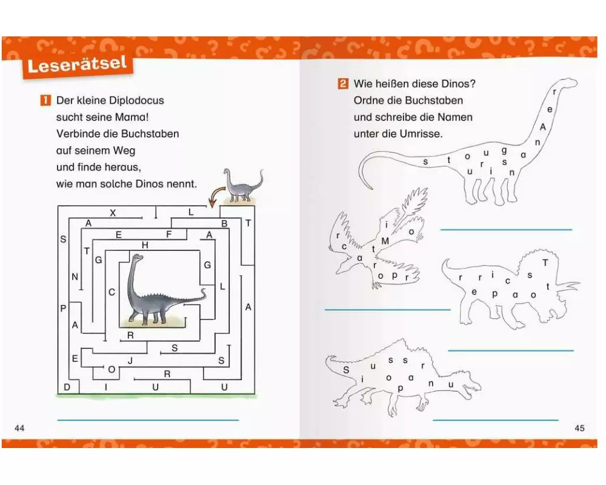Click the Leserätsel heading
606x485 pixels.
[78, 65]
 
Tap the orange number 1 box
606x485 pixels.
[45, 101]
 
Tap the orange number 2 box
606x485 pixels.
[343, 84]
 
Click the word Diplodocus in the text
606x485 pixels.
[137, 101]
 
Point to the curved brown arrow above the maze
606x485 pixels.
[216, 195]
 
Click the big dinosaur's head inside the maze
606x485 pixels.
[137, 258]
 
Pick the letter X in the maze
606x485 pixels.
[113, 213]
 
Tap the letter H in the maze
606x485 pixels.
[145, 245]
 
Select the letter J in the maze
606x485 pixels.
[130, 361]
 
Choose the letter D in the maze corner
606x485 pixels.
[67, 387]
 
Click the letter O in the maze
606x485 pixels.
[112, 369]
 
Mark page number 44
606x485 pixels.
[19, 428]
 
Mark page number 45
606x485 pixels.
[579, 428]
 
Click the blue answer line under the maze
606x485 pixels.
[148, 420]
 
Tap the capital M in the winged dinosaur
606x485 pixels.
[385, 241]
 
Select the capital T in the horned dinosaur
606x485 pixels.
[545, 263]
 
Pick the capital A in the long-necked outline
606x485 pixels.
[543, 127]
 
